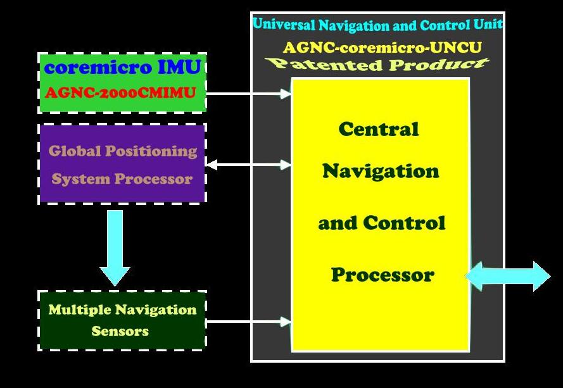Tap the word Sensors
point(120,331)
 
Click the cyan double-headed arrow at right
point(508,276)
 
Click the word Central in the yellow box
point(379,129)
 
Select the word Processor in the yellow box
point(383,275)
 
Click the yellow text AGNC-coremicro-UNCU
point(382,47)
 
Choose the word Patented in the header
point(324,64)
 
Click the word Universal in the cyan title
point(284,25)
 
